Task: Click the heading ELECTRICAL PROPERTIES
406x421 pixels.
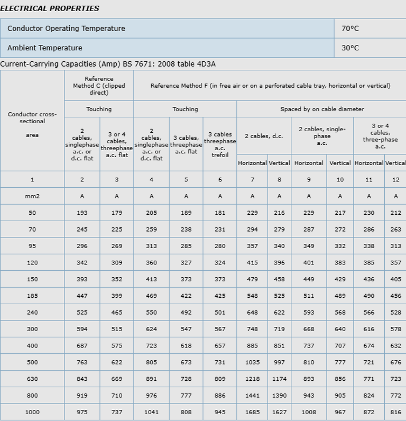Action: click(x=50, y=8)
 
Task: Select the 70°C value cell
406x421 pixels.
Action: click(x=350, y=29)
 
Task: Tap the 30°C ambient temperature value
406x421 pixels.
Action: click(x=350, y=48)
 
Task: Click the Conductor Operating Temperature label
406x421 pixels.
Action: click(x=66, y=29)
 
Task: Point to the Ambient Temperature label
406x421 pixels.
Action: click(x=45, y=48)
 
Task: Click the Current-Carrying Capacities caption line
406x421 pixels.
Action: click(x=108, y=64)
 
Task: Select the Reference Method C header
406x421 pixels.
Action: click(x=99, y=86)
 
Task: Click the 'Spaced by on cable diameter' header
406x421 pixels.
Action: click(x=322, y=109)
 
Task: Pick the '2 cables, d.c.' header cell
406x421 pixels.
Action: click(x=264, y=136)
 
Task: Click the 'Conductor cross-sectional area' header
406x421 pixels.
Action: click(x=32, y=124)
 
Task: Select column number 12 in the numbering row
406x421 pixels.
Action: click(x=395, y=180)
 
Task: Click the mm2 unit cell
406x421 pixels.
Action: click(x=32, y=196)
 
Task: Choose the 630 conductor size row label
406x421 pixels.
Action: click(x=32, y=379)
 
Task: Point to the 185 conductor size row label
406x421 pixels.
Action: click(x=32, y=296)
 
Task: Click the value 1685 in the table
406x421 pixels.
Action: click(x=253, y=412)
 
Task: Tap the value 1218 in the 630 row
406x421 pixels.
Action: click(x=253, y=379)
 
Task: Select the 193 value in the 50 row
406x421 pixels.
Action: click(x=82, y=213)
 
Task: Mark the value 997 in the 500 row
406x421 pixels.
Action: click(x=279, y=362)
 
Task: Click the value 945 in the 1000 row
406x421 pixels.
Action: click(x=220, y=412)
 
